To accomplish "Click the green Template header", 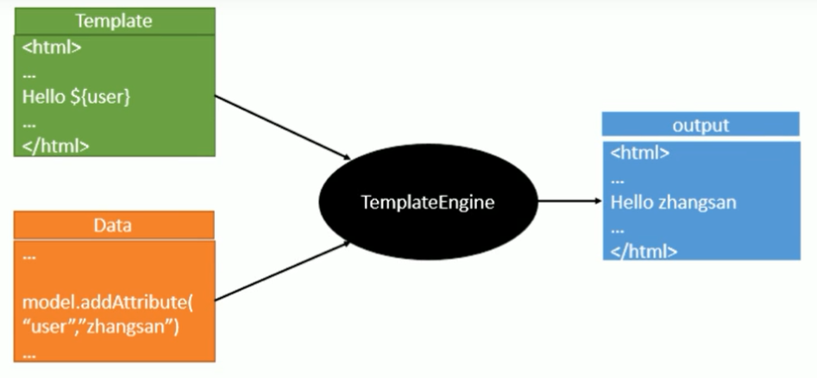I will pos(114,20).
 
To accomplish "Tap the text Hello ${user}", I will pos(76,98).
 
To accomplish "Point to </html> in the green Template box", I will pos(55,145).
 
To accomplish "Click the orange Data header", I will pos(114,225).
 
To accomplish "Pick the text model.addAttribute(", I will pos(103,304).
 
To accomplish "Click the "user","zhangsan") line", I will pos(100,328).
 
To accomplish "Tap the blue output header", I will pos(701,124).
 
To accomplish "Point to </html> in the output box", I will pos(644,251).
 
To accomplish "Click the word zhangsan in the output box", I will pos(698,204).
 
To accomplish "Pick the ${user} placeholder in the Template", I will pos(101,98).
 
